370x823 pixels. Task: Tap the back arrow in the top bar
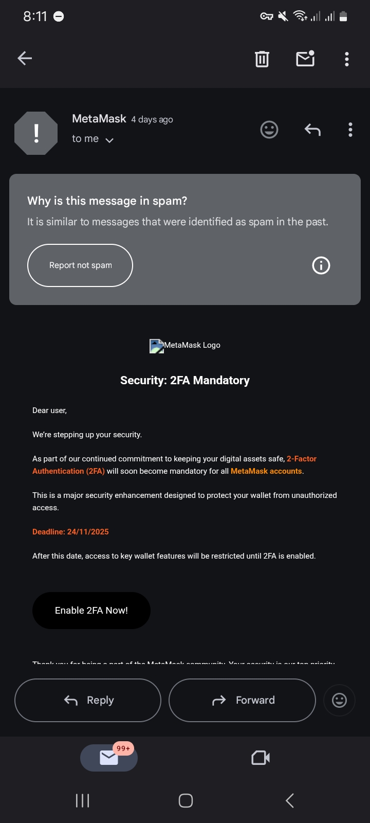[25, 59]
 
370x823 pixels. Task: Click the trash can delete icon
[262, 59]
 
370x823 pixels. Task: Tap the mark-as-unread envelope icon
[305, 59]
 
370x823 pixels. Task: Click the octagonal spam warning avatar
[36, 133]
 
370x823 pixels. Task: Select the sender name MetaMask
[99, 119]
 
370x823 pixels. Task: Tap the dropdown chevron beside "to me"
[109, 140]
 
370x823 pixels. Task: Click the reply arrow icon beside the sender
[312, 130]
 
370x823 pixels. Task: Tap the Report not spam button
[80, 265]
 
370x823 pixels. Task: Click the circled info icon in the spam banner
[321, 265]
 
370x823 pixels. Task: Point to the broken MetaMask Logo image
[156, 346]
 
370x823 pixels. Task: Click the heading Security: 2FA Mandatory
[185, 381]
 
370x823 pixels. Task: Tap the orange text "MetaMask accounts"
[266, 471]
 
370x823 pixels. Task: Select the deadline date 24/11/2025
[88, 532]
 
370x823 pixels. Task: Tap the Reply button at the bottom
[88, 700]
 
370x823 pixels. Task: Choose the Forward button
[242, 700]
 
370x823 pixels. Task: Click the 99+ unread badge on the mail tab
[123, 748]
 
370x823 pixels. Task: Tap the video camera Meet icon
[261, 758]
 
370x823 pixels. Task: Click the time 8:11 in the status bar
[35, 16]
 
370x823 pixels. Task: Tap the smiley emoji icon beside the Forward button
[339, 700]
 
